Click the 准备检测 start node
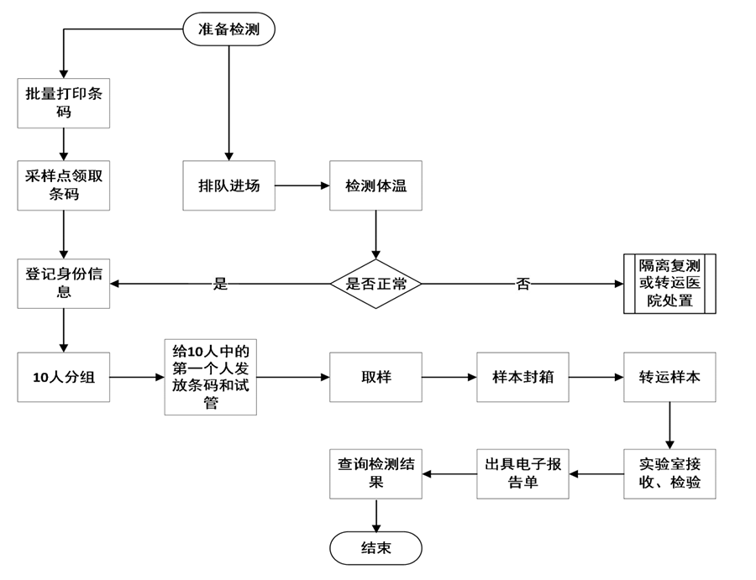(x=228, y=29)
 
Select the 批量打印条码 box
(x=64, y=102)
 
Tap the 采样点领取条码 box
(x=64, y=185)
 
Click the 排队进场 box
(x=228, y=185)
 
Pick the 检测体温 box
(x=375, y=185)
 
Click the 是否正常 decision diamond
(x=375, y=284)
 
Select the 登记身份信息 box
(x=64, y=284)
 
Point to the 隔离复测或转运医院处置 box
(x=669, y=284)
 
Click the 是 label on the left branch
(x=220, y=284)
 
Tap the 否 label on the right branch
(x=522, y=284)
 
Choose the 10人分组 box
(x=64, y=377)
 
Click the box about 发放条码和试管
(x=210, y=377)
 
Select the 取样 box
(x=375, y=377)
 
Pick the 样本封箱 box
(x=522, y=377)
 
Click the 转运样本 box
(x=669, y=377)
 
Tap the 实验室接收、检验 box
(x=669, y=474)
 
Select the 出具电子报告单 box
(x=522, y=474)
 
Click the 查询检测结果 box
(x=375, y=474)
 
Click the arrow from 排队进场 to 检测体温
(x=302, y=185)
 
